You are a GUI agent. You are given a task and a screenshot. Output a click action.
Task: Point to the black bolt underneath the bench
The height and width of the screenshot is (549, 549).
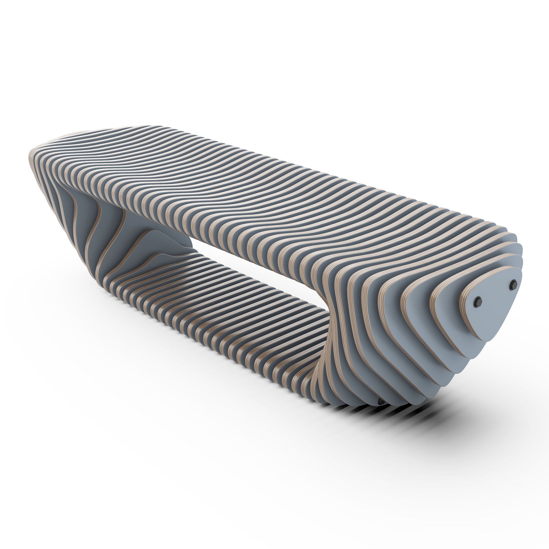tap(381, 401)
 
